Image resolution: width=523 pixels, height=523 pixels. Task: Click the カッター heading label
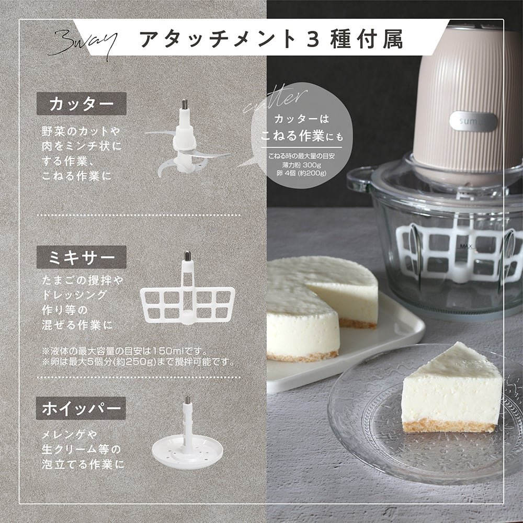tap(81, 104)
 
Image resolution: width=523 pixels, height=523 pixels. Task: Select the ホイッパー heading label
tap(81, 408)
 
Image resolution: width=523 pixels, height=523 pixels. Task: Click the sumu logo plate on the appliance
tap(473, 121)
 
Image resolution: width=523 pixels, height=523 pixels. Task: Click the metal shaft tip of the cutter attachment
tap(184, 104)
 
